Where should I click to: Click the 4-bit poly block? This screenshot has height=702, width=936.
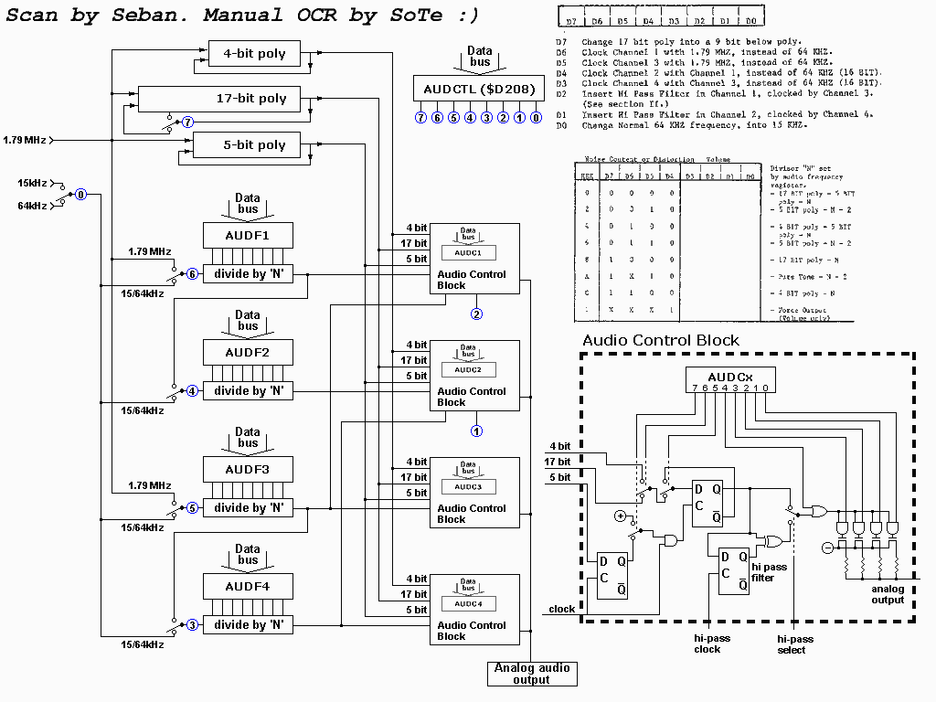coord(254,54)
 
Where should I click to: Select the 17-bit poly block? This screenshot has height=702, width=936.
coord(251,99)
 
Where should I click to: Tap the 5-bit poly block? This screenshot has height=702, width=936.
coord(247,145)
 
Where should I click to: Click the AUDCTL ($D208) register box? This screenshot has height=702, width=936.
coord(480,88)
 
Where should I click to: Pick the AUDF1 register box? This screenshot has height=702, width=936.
coord(248,236)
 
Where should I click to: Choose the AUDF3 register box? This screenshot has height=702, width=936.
coord(248,470)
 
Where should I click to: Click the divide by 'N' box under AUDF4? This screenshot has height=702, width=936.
coord(248,625)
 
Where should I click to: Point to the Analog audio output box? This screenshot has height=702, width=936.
coord(532,674)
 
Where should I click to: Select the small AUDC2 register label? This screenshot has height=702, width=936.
coord(467,369)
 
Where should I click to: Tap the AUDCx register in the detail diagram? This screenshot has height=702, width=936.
coord(730,378)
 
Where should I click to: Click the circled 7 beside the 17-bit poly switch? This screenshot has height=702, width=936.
coord(188,122)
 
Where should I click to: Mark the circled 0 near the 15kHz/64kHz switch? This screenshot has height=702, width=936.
coord(80,195)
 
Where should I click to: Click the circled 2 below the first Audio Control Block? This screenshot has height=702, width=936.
coord(476,314)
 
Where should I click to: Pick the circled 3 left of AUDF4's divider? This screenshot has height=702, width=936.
coord(192,625)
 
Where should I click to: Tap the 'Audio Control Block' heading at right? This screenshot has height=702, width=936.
coord(661,340)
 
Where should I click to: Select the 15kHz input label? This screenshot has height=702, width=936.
coord(33,183)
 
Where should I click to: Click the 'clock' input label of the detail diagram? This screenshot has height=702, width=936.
coord(561,609)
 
